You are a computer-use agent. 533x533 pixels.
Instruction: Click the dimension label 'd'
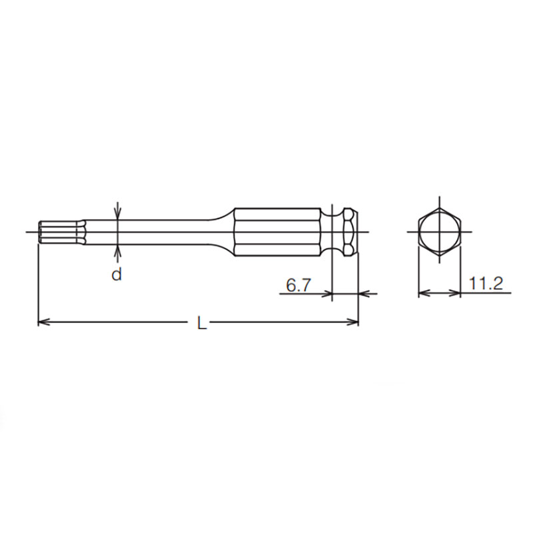click(x=117, y=274)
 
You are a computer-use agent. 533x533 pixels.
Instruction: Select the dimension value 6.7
click(x=298, y=285)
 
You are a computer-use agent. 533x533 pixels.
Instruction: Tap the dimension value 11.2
click(x=486, y=283)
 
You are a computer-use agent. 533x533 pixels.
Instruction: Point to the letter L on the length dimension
click(x=202, y=324)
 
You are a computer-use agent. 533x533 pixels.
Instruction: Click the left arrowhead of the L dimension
click(x=44, y=322)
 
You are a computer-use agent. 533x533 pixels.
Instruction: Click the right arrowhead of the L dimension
click(x=352, y=322)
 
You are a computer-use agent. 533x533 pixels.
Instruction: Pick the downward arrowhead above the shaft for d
click(x=117, y=213)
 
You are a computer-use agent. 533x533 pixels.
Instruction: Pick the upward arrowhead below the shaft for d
click(x=117, y=251)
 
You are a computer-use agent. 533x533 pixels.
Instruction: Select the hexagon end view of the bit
click(x=439, y=232)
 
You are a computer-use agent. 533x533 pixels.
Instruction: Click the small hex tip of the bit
click(x=61, y=232)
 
